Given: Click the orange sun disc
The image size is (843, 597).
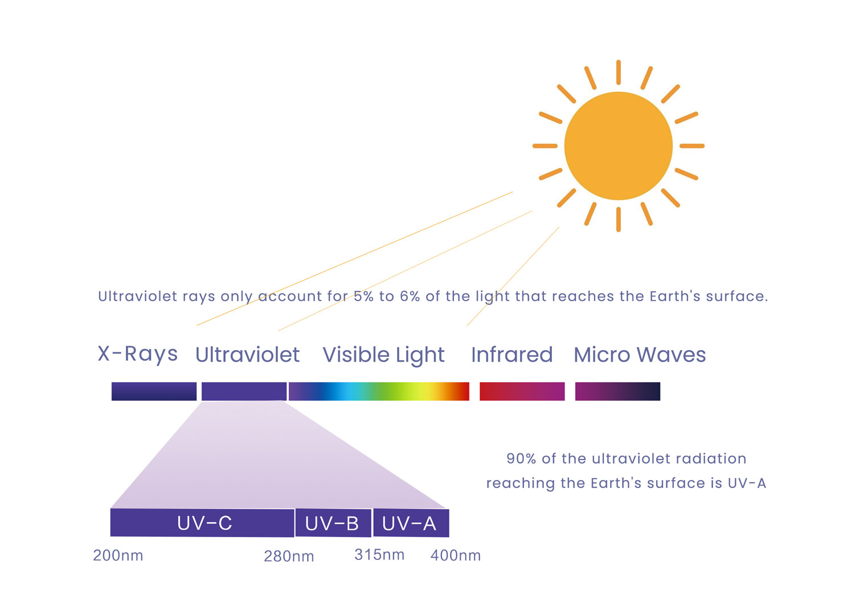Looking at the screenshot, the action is coord(619,146).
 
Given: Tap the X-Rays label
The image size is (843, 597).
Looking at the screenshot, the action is coord(137,354).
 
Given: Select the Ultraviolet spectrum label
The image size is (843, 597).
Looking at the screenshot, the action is coord(247,355).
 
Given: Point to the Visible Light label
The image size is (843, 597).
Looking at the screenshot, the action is coord(383,355).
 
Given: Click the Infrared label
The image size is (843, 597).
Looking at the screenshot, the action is coord(512,355).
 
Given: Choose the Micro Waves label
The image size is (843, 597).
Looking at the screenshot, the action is coord(640,355).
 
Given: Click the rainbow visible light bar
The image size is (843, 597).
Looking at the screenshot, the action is coord(379,391).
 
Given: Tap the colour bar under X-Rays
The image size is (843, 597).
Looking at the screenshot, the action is coord(154,391).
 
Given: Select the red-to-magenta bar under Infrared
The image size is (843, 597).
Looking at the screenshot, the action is coord(522,391).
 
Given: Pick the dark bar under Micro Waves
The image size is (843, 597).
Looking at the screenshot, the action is coord(617,391).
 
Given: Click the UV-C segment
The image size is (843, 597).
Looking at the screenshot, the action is coord(202,522).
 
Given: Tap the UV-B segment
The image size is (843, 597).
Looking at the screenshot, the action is coord(333,523).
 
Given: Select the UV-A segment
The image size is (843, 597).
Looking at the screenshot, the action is coord(411,523).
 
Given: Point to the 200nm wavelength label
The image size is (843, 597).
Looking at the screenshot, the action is coord(118,555).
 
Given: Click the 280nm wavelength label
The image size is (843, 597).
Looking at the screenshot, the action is coord(289,557).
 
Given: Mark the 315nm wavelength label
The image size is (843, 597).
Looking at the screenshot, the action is coord(379,554).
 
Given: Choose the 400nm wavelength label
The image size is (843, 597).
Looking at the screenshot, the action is coord(455,555).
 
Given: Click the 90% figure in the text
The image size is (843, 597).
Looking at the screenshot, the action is coord(521,459).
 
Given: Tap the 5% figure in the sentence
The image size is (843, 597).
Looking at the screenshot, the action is coord(363,297).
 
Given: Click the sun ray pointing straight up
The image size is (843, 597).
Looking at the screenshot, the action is coord(619,72).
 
